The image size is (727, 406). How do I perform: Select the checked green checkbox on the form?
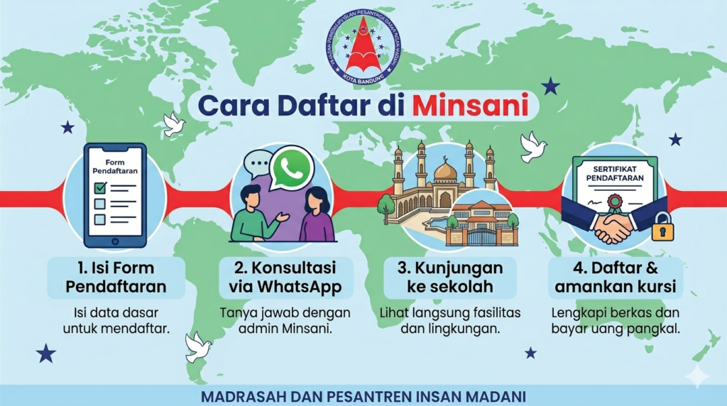click(100, 188)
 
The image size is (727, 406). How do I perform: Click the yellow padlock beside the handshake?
click(661, 226)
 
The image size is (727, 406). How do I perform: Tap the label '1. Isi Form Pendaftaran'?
click(116, 278)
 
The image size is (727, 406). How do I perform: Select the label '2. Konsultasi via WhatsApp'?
click(284, 278)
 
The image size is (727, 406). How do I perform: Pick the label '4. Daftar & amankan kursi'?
click(615, 278)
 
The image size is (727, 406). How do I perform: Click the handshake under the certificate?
click(613, 226)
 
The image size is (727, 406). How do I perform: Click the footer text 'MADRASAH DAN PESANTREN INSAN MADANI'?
click(363, 395)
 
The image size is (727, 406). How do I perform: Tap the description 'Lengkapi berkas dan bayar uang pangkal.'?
click(615, 320)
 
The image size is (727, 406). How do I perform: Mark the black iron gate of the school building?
click(481, 235)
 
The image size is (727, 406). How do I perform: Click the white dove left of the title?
click(174, 125)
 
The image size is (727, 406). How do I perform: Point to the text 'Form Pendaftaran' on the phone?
click(114, 167)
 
